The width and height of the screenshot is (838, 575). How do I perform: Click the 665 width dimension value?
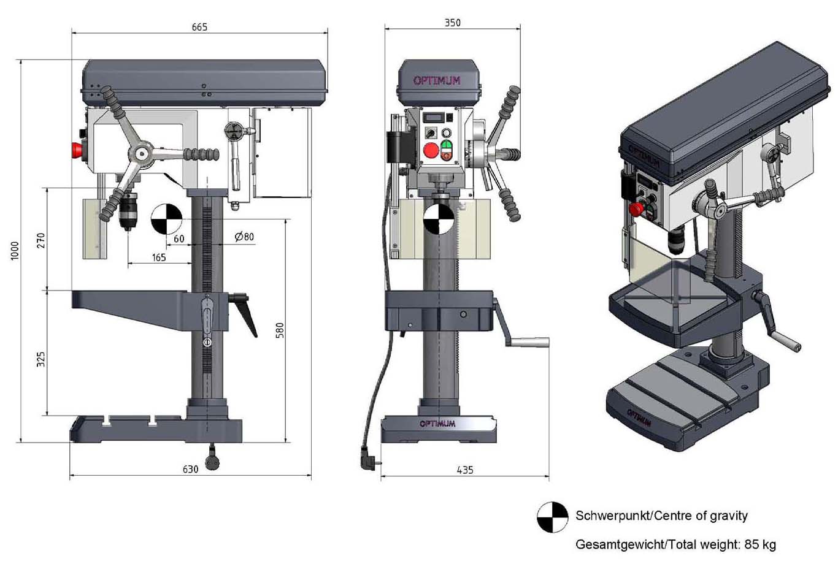(x=199, y=27)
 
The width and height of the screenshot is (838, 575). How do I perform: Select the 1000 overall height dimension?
(x=15, y=251)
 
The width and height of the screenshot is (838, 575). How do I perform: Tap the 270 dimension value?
(x=41, y=240)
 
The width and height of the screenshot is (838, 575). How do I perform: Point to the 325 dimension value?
(x=40, y=359)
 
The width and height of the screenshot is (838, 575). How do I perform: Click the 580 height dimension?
(x=280, y=330)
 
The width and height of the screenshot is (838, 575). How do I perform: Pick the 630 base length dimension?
(x=190, y=469)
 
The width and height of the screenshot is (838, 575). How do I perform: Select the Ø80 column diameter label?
(x=244, y=237)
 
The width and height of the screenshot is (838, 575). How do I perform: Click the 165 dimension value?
(x=159, y=257)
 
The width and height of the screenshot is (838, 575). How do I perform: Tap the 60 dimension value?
(x=179, y=238)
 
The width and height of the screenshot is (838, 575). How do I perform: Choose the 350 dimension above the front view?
(x=452, y=23)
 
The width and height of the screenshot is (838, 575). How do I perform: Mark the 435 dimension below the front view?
(x=465, y=470)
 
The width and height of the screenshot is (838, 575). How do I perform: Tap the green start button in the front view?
(x=447, y=145)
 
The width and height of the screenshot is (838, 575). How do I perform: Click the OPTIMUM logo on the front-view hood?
(x=437, y=81)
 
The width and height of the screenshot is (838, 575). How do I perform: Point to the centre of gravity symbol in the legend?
(x=552, y=517)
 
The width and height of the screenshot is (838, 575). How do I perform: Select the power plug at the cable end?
(x=369, y=459)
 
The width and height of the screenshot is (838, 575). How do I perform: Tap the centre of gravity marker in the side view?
(x=166, y=219)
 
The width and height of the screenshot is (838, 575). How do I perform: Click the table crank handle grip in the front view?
(x=528, y=342)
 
